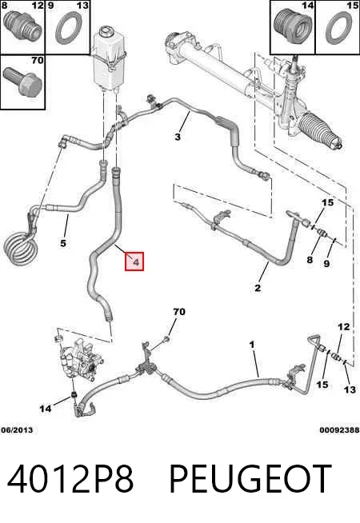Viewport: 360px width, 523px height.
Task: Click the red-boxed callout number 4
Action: click(134, 261)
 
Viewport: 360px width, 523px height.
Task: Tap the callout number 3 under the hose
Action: click(178, 137)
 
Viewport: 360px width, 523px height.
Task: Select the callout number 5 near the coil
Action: click(63, 243)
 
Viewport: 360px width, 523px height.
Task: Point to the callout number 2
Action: click(258, 288)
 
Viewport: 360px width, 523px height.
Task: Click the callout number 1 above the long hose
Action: click(252, 344)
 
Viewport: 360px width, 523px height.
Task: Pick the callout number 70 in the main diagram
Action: click(179, 312)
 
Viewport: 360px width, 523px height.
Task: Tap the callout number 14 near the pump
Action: click(46, 408)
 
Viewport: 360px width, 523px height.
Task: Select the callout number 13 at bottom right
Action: click(350, 389)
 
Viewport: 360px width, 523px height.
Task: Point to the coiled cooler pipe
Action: click(18, 248)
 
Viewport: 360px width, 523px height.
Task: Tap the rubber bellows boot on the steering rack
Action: click(319, 130)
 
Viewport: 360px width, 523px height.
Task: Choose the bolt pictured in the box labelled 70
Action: click(22, 81)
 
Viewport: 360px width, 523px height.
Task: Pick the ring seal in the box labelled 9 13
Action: click(69, 28)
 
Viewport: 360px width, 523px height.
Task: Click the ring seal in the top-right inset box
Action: click(338, 28)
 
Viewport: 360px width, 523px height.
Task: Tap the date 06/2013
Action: click(17, 430)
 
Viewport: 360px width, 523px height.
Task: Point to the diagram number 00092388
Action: click(339, 430)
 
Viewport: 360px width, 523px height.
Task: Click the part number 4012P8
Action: click(70, 479)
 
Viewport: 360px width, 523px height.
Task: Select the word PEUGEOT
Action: click(251, 479)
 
